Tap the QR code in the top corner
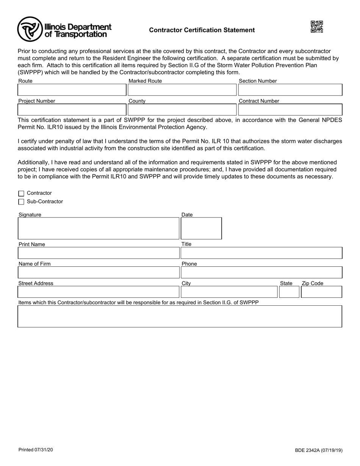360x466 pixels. [317, 27]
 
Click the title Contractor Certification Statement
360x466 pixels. [202, 30]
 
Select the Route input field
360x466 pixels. [72, 90]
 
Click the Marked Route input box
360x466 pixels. [182, 90]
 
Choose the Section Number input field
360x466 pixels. [290, 90]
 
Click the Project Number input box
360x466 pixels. [72, 110]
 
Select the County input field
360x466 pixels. [182, 110]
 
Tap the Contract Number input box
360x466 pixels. [290, 110]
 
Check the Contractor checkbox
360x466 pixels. [21, 194]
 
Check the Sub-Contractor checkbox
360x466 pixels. [21, 202]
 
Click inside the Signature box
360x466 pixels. [99, 228]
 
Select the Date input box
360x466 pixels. [201, 228]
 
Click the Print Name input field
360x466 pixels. [99, 253]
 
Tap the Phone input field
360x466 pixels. [261, 272]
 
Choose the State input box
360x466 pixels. [289, 292]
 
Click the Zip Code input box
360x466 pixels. [321, 292]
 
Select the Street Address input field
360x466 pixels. [99, 292]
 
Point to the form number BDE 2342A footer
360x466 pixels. [319, 450]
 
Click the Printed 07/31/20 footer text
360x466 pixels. [36, 450]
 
